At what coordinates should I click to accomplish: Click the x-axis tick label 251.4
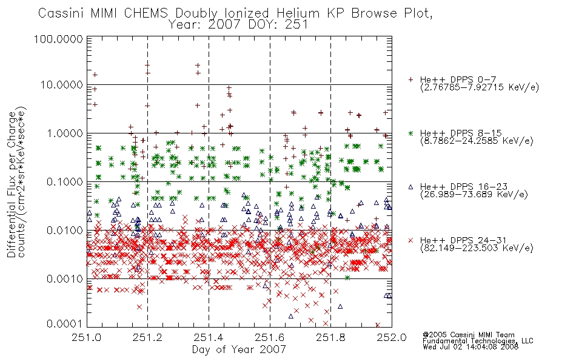tap(209, 337)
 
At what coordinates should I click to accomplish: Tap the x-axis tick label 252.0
tap(392, 337)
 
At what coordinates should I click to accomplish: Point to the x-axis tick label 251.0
tap(87, 337)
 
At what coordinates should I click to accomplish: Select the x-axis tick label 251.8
tap(331, 337)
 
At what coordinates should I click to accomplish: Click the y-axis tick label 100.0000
tap(58, 39)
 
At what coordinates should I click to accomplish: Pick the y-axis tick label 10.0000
tap(62, 85)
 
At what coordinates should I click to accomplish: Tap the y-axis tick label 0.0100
tap(65, 231)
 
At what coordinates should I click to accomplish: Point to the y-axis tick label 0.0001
tap(65, 324)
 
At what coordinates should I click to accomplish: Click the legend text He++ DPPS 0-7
tap(458, 79)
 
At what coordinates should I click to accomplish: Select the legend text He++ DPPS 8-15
tap(461, 133)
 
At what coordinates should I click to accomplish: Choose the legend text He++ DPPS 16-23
tap(464, 187)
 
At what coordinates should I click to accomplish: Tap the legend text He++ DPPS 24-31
tap(464, 240)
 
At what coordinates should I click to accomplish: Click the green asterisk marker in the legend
tap(410, 133)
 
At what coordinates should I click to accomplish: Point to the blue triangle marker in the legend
tap(410, 187)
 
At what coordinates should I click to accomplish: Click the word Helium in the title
tap(298, 13)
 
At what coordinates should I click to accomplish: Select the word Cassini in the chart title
tap(62, 13)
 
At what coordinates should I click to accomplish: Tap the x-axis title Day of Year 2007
tap(239, 349)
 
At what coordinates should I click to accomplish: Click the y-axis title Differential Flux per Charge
tap(12, 184)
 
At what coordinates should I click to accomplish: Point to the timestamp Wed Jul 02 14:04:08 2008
tap(471, 347)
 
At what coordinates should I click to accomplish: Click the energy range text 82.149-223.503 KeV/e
tap(477, 248)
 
